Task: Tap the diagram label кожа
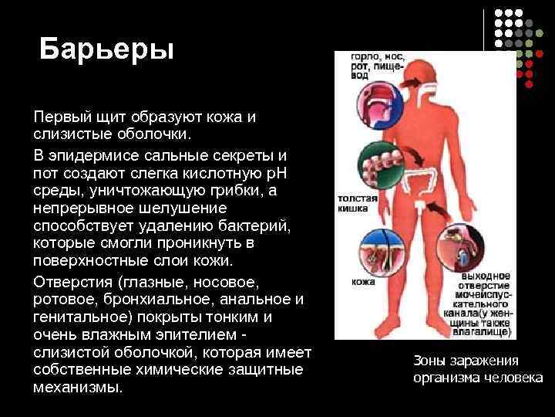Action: [x=363, y=283]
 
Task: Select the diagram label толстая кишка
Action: [x=357, y=203]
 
